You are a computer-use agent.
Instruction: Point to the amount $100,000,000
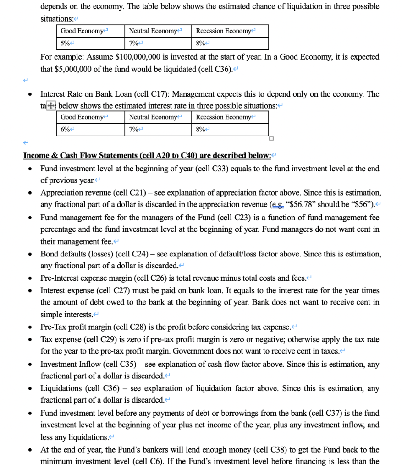pos(142,57)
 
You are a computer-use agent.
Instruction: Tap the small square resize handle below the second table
pos(271,139)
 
